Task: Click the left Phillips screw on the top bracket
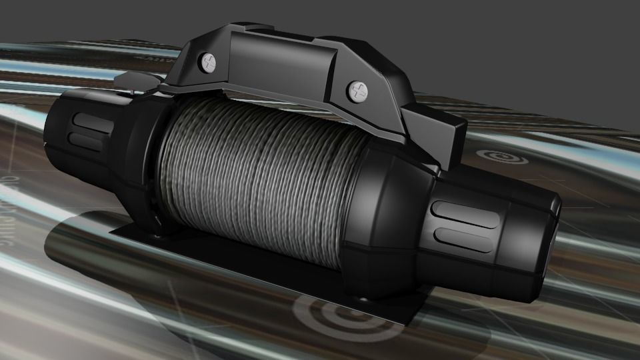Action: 209,63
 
